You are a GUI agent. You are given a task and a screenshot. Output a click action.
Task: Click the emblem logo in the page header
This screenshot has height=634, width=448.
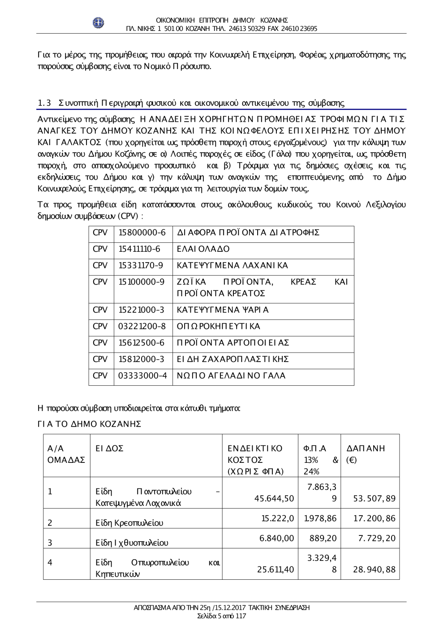coord(98,23)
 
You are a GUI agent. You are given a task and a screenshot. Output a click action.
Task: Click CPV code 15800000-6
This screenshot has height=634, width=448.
coord(142,233)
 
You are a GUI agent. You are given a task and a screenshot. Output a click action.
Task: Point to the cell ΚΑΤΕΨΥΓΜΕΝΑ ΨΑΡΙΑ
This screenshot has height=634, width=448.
coord(223,310)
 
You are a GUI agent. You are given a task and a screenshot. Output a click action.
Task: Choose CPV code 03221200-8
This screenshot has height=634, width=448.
coord(142,326)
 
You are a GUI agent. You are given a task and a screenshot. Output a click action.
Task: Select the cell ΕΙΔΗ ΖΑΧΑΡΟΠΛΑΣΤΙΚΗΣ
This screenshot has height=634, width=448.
coord(233,359)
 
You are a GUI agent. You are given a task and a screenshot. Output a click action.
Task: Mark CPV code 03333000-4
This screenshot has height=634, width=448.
coord(142,375)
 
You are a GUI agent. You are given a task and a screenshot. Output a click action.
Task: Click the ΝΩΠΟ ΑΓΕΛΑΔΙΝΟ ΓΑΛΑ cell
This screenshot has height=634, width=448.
coord(231,375)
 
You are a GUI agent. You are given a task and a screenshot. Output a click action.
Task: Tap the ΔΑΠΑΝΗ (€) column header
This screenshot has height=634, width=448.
coord(366,454)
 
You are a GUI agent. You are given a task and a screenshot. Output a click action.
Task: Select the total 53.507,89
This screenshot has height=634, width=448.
coord(374,498)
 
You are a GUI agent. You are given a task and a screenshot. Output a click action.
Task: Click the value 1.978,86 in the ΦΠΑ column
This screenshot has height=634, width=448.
coord(320,518)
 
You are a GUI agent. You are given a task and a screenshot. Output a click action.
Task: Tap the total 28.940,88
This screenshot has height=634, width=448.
coord(374,569)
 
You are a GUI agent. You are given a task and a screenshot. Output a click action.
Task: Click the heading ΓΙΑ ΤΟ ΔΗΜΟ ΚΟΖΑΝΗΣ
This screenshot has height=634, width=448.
coord(89,423)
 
